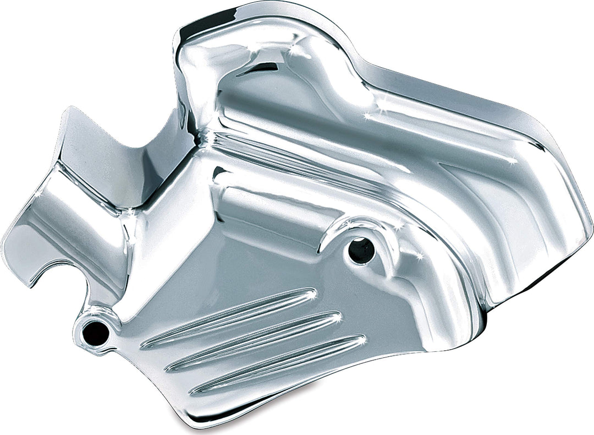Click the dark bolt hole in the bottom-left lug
(x=95, y=331)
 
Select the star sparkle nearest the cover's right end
(x=514, y=161)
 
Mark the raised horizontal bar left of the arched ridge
(x=269, y=204)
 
